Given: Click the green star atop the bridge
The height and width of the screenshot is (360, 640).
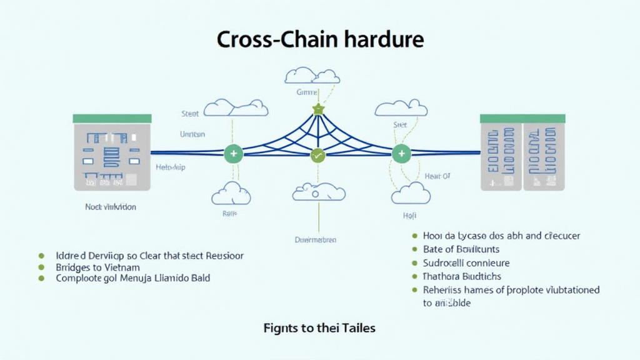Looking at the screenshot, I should coord(318,109).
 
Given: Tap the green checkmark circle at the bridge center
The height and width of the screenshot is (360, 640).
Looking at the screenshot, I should coord(318,155).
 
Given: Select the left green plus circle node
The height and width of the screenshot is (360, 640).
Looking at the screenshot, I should coord(233,152).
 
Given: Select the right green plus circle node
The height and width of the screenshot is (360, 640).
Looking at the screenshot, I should coord(401,152).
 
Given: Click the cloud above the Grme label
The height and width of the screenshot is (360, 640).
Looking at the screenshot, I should coord(312,76).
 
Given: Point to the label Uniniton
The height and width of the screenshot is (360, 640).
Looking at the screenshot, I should coord(192,134).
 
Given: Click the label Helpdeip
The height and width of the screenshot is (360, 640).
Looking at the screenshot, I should coord(170,167).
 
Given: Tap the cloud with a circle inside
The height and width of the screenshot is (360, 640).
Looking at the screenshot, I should coord(319,192).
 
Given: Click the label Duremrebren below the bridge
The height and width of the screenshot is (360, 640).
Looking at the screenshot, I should coord(316,239).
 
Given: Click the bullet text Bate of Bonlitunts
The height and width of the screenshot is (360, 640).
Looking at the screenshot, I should coord(462,249).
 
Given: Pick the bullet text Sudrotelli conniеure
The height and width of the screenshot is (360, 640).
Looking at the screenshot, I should coord(466,263).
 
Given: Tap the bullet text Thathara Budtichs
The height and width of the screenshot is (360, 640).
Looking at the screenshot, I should coord(462,276).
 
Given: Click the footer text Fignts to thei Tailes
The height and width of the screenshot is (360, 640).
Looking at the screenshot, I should coord(319,327).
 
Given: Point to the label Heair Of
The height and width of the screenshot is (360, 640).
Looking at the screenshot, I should coord(437,176).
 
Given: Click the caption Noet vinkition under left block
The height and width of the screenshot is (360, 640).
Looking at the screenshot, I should coord(111,206).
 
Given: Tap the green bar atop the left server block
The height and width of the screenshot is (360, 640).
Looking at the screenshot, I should coord(112,118).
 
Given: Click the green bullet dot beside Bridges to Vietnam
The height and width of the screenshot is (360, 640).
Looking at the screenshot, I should coord(42,267).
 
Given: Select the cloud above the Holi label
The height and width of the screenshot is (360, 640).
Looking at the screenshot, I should coord(411,194).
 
